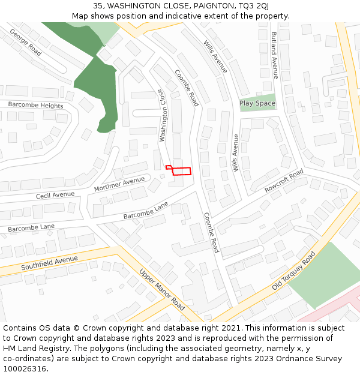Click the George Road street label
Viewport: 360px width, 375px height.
click(x=25, y=43)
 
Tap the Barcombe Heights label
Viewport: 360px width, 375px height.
click(x=35, y=105)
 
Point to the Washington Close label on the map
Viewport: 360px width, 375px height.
click(x=162, y=116)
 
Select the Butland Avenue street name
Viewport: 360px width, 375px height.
click(x=274, y=55)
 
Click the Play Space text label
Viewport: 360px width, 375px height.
click(x=257, y=103)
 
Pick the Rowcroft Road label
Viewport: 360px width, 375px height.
click(x=284, y=181)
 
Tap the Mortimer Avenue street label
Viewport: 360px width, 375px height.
click(x=119, y=184)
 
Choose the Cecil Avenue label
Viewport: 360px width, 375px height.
click(x=55, y=196)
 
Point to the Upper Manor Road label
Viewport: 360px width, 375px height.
click(x=161, y=289)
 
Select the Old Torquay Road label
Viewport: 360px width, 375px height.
click(x=293, y=271)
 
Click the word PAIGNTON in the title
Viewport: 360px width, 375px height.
click(x=211, y=5)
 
